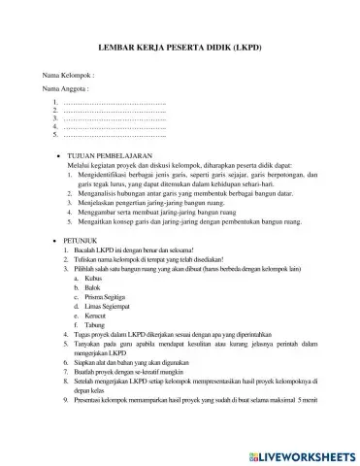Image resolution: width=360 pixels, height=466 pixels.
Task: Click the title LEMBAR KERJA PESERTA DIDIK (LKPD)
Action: [181, 48]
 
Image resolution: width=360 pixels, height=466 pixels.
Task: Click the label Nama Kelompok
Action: [67, 74]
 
